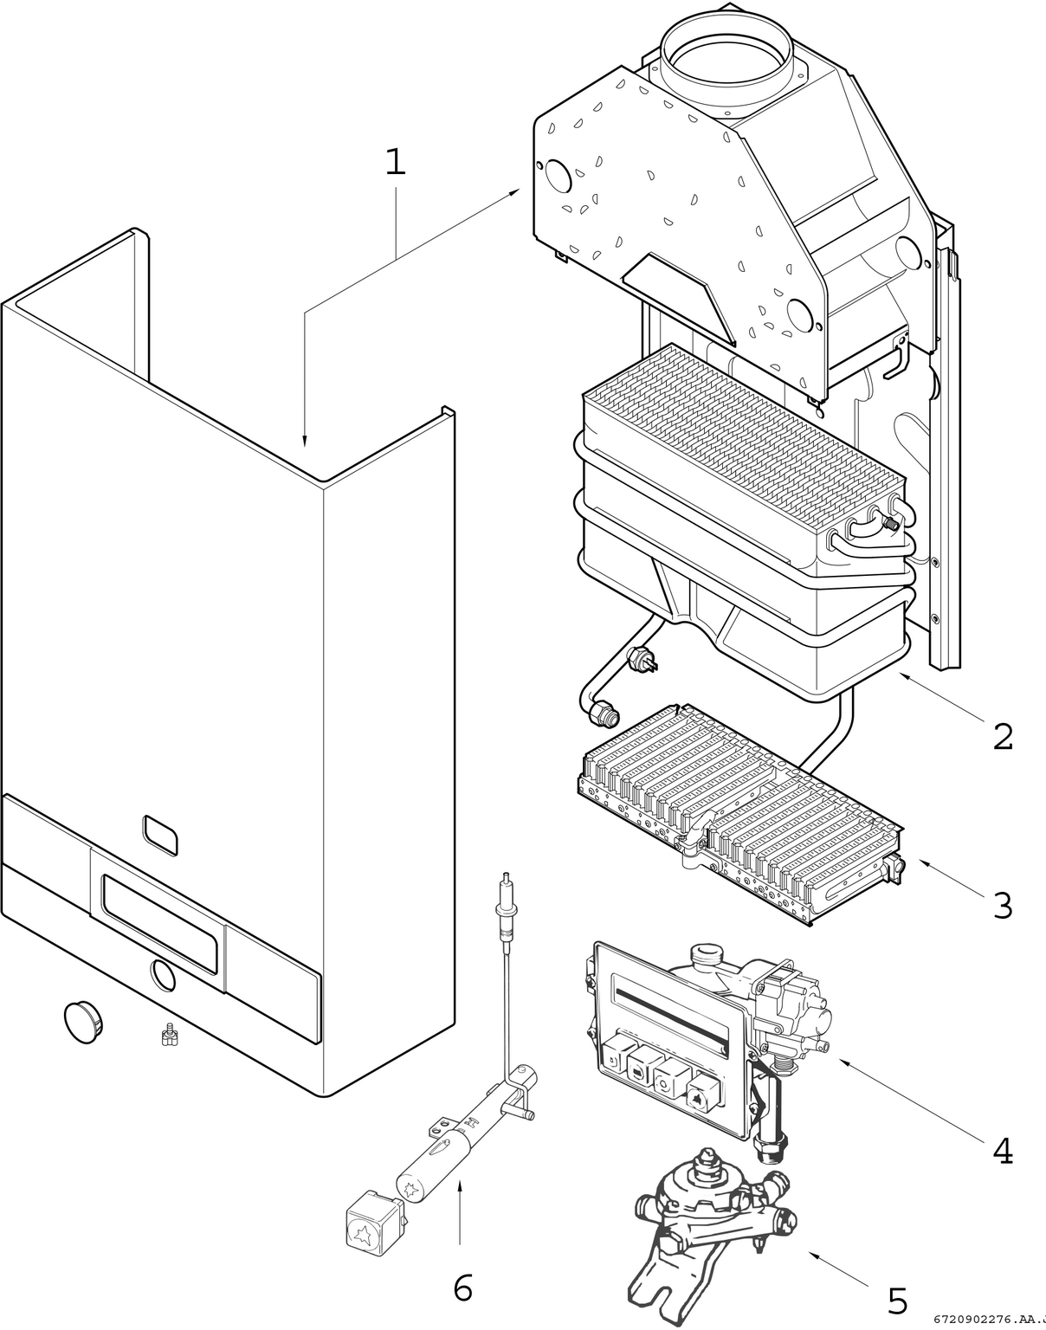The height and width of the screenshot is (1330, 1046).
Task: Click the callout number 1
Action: pos(395,161)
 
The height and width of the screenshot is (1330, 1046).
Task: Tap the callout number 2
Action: pos(1002,737)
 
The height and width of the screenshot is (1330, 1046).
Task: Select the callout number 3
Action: pos(1002,906)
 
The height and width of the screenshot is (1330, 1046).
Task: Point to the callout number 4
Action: pos(1002,1151)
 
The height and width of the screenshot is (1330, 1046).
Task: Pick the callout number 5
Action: pos(897,1301)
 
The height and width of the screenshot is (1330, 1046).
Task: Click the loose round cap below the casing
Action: pos(85,1022)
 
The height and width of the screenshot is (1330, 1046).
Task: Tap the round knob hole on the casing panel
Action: pos(162,977)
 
